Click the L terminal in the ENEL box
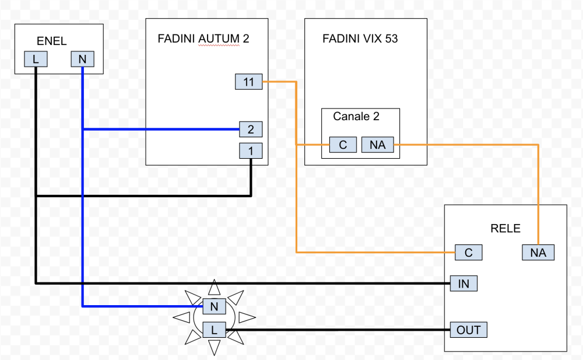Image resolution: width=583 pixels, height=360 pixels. click(36, 60)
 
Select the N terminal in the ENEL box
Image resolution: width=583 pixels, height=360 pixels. click(82, 60)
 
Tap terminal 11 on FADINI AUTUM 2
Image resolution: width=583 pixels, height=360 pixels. click(249, 82)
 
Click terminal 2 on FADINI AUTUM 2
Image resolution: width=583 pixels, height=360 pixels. click(251, 129)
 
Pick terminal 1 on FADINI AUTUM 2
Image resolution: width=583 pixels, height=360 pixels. click(251, 151)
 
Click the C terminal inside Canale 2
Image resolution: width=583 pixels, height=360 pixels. click(343, 145)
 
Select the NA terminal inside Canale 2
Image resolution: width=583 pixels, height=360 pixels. click(377, 145)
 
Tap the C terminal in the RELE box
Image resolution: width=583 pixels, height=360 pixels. click(468, 253)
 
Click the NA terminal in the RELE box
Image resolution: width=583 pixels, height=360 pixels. click(538, 253)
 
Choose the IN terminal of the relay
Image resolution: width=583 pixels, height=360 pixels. click(464, 284)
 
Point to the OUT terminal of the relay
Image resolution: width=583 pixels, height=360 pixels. click(468, 330)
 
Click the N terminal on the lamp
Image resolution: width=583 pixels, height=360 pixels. click(214, 305)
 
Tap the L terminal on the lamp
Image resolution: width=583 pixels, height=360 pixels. click(214, 330)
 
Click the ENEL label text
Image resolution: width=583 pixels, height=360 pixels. click(51, 41)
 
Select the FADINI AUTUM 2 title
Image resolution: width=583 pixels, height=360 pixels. click(203, 39)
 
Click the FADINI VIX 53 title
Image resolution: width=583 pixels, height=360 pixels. click(360, 39)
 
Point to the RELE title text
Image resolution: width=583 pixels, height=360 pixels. click(505, 228)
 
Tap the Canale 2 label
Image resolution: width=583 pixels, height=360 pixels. click(356, 116)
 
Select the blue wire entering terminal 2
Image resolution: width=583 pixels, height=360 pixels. click(163, 129)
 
